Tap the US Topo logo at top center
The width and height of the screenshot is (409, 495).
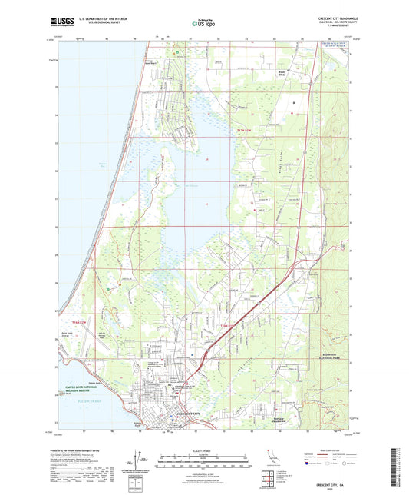pyautogui.click(x=203, y=23)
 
